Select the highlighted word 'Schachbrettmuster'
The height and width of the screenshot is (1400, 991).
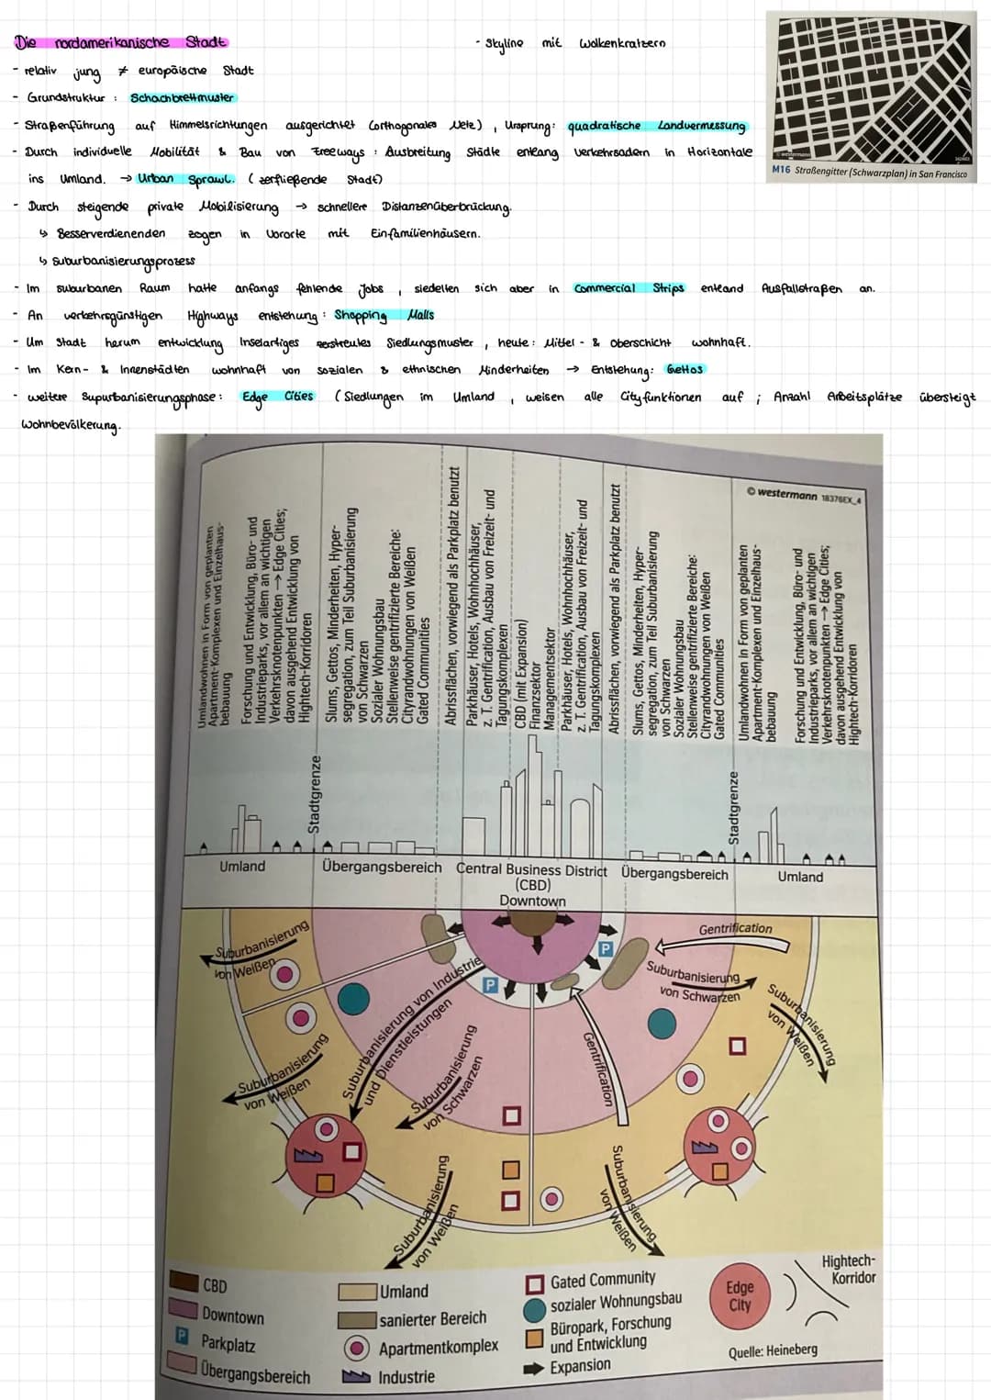tap(182, 97)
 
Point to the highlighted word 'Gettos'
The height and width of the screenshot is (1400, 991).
tap(685, 369)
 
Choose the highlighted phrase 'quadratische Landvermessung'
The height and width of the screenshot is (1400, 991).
tap(656, 126)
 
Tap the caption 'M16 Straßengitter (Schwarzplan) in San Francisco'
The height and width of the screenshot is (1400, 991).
tap(869, 173)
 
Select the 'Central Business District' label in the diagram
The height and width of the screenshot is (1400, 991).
tap(531, 868)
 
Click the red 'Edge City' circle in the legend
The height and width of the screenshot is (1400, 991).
tap(740, 1295)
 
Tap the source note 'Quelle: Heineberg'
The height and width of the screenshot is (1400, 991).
tap(773, 1350)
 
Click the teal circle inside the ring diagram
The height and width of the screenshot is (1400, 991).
tap(662, 1022)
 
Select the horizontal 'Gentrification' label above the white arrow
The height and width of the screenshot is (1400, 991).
tap(735, 928)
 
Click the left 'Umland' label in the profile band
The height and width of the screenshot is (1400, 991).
tap(242, 866)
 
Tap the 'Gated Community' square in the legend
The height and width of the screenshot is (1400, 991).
tap(534, 1281)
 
